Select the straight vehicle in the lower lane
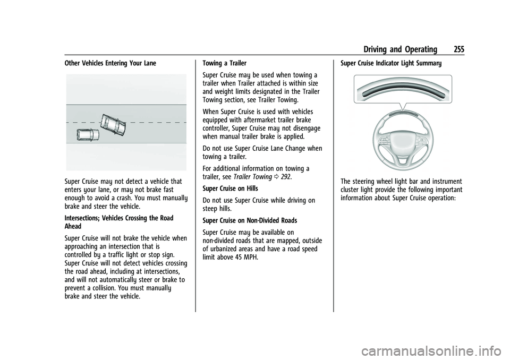point(88,135)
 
